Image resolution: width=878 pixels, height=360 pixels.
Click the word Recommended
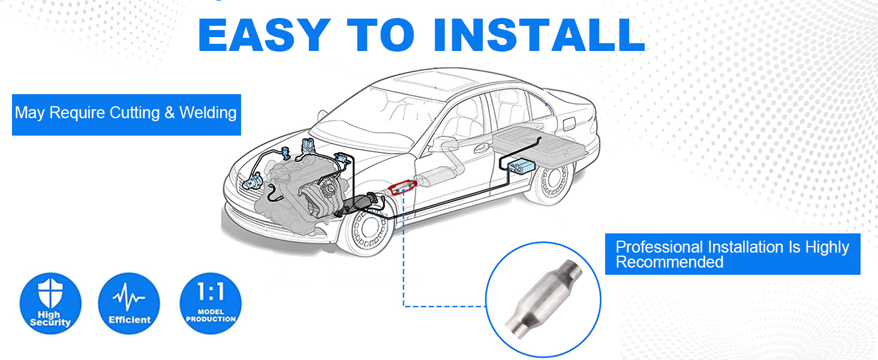pyautogui.click(x=669, y=262)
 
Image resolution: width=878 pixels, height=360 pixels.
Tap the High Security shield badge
pyautogui.click(x=50, y=303)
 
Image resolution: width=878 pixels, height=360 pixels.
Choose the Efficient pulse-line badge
pyautogui.click(x=129, y=303)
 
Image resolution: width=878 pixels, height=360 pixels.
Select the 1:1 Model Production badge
pyautogui.click(x=211, y=303)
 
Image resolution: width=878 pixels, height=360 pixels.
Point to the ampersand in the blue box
pyautogui.click(x=170, y=113)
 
